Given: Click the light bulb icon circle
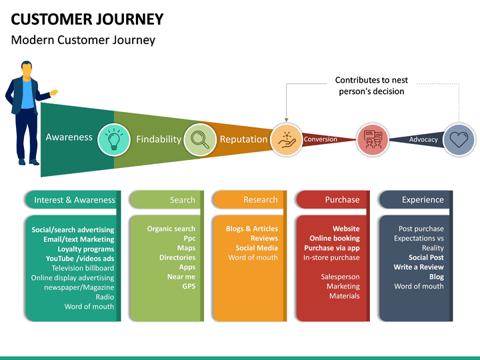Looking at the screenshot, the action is [x=114, y=139].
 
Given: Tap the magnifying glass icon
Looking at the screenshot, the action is [x=200, y=139].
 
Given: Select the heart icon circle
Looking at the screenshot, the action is [x=459, y=139].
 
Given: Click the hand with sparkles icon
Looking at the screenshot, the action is [x=287, y=140].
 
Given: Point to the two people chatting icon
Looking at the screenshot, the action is [x=373, y=139].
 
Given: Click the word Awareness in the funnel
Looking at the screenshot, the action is [x=69, y=137].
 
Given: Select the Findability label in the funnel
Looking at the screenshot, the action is [x=159, y=139].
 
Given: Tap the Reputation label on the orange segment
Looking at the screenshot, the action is [x=244, y=139].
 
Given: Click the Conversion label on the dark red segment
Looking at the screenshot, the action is [x=320, y=139].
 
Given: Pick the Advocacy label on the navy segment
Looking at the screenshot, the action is [x=423, y=139].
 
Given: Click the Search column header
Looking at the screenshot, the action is [x=183, y=200].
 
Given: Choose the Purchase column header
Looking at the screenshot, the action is [x=342, y=199].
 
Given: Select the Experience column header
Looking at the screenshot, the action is [x=423, y=200].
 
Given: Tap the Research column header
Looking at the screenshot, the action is [x=261, y=199].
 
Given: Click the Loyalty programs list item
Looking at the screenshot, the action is [x=86, y=249].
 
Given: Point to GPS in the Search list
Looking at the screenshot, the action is [x=189, y=286].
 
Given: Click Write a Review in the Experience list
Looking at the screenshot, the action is [x=419, y=267].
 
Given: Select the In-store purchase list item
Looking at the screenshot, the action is [x=331, y=257].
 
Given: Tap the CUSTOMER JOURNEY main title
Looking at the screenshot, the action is [x=87, y=19].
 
